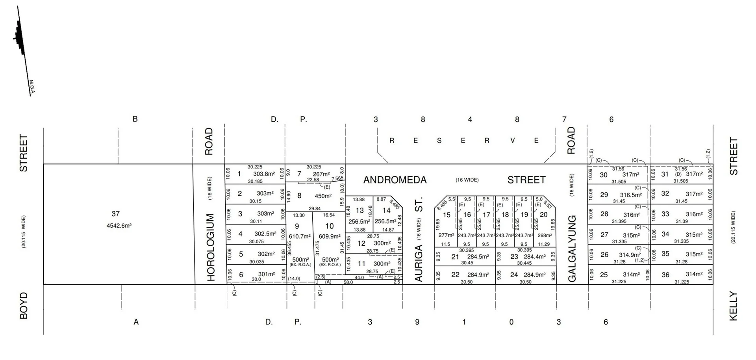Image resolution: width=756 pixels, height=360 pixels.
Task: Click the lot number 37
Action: (115, 214)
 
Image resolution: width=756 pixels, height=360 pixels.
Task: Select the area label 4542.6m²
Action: (119, 226)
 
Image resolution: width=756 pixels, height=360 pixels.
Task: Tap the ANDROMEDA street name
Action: (395, 180)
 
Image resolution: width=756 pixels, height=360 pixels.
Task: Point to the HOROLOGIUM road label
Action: (211, 247)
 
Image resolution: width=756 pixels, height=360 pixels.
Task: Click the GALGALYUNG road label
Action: (572, 248)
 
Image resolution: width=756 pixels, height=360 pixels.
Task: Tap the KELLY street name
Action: (733, 306)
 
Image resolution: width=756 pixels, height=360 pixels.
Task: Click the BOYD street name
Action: (24, 305)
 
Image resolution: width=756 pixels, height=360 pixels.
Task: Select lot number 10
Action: (330, 226)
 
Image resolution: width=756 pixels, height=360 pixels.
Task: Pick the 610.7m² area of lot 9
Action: (300, 236)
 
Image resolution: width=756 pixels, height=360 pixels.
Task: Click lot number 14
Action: (386, 210)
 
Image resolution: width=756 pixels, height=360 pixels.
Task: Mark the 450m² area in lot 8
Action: (323, 196)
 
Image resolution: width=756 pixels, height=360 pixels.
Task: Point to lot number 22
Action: (455, 275)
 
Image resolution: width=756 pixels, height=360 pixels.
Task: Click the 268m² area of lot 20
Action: (545, 235)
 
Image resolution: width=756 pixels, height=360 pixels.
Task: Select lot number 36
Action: (665, 275)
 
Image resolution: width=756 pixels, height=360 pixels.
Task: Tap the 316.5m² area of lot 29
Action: (631, 195)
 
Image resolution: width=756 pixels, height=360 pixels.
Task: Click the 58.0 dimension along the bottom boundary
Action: (348, 282)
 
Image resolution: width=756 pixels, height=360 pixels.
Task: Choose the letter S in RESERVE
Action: (439, 141)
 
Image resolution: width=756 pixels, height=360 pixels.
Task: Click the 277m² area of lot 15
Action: (446, 235)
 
